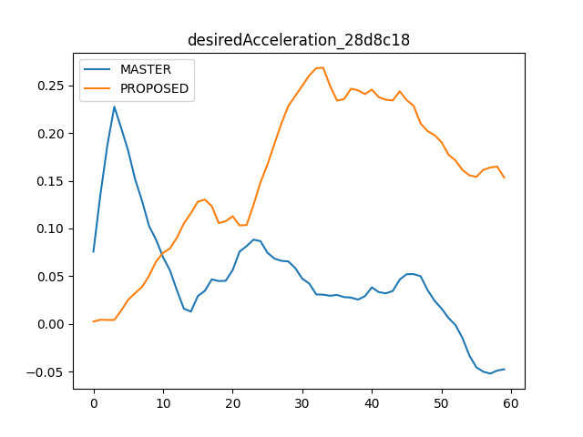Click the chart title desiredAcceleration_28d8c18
click(299, 40)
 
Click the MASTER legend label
click(146, 69)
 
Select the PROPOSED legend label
click(154, 88)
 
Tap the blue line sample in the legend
click(97, 69)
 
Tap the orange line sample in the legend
click(97, 88)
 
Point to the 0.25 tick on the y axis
click(51, 86)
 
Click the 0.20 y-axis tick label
click(51, 134)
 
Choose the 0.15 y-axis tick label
click(51, 181)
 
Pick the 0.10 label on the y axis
click(51, 229)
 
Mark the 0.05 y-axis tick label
click(51, 277)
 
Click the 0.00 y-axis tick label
click(51, 324)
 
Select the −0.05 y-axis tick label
click(45, 372)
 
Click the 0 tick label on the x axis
click(94, 403)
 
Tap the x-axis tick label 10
click(163, 403)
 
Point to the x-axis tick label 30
click(302, 403)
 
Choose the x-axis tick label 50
click(441, 403)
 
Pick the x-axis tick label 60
click(511, 403)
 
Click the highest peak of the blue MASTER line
click(114, 107)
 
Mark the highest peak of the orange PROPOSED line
click(322, 67)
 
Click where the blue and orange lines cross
click(162, 254)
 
